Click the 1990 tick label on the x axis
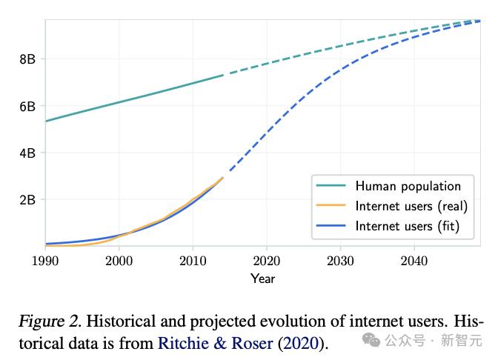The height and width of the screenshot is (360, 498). click(46, 260)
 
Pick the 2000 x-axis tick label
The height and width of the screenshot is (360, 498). click(119, 260)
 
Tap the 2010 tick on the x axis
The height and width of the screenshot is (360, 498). click(193, 260)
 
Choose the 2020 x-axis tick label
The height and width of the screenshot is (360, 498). click(266, 260)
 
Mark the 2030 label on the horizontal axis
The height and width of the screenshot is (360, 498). click(340, 260)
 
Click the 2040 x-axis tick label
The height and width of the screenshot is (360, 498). click(414, 260)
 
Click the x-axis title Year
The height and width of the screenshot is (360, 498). click(262, 279)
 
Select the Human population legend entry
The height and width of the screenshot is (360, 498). click(408, 186)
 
